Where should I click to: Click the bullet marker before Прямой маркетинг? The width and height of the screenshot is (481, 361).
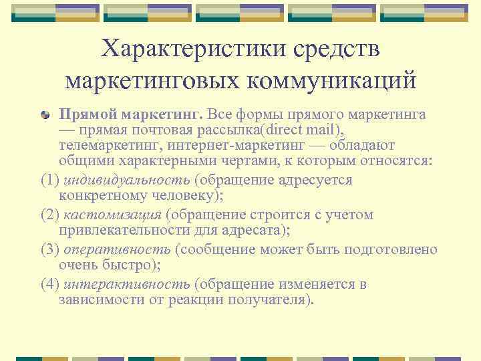[46, 116]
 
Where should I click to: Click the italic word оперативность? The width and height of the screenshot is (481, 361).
[118, 250]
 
